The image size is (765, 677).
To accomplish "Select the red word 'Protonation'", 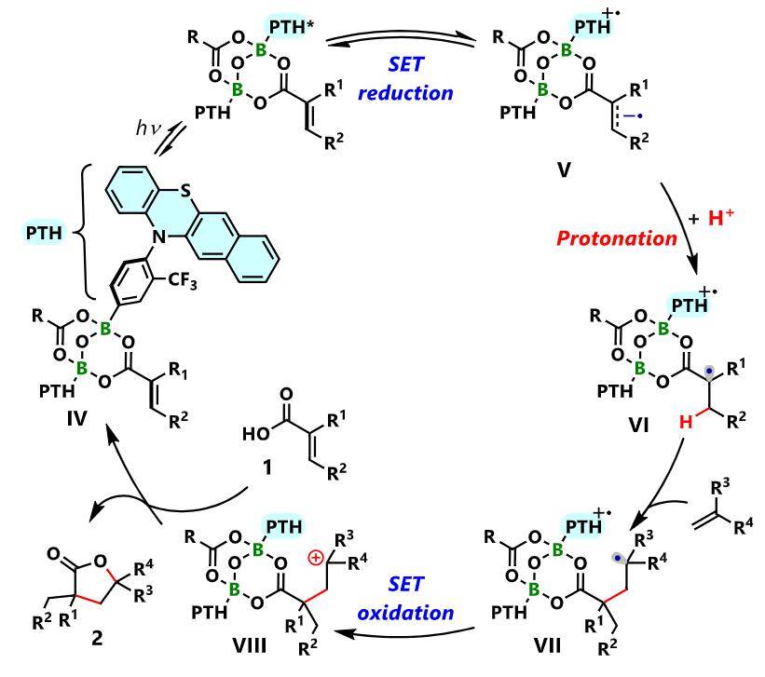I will click(630, 238).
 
